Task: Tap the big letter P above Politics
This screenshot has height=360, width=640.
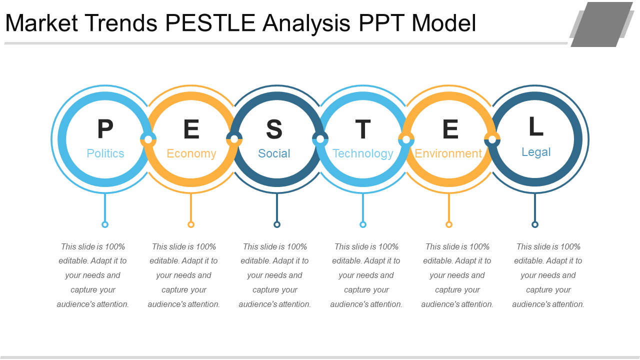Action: (105, 129)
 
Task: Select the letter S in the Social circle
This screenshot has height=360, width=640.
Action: (274, 129)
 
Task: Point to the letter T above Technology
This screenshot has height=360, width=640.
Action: (363, 129)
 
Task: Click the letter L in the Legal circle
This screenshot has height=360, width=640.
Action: (536, 126)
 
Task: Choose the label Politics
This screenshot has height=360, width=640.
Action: (105, 153)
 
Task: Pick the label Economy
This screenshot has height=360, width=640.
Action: (191, 153)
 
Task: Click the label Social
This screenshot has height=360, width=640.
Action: (274, 153)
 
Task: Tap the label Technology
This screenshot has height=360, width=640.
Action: (363, 153)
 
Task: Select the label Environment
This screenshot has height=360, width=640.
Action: (448, 153)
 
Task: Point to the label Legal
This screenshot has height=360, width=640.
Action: (536, 152)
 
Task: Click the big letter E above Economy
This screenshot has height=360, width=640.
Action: (191, 129)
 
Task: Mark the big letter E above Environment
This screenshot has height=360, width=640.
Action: (450, 129)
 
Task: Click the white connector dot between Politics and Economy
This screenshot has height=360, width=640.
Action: (148, 139)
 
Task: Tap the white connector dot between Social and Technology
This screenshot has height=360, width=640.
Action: (320, 139)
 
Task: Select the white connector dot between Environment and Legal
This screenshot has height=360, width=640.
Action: (492, 139)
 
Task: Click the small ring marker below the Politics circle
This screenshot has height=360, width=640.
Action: (105, 224)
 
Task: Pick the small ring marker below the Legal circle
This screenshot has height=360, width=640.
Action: (535, 224)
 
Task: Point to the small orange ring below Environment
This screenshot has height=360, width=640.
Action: (449, 224)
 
